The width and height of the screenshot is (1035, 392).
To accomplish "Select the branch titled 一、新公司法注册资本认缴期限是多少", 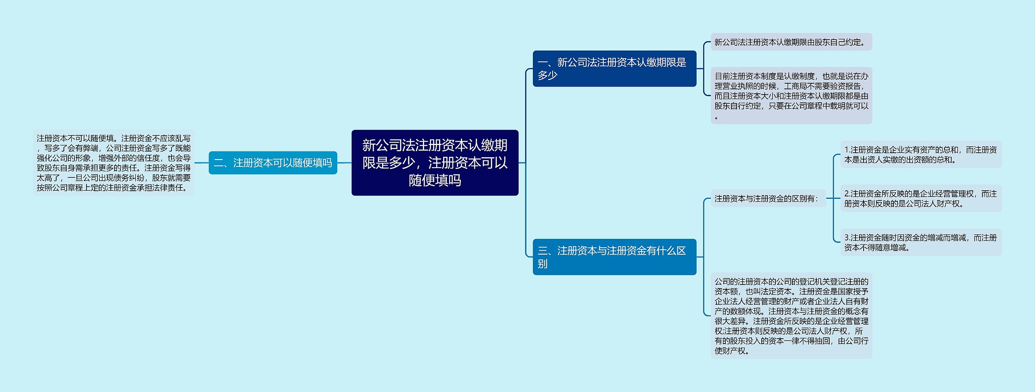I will tap(614, 69).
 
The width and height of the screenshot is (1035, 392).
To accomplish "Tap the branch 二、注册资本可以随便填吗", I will tap(272, 163).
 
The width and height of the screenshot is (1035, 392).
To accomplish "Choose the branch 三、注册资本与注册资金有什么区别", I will tap(614, 257).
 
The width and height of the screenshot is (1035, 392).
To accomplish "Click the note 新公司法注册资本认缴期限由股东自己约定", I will tap(791, 42).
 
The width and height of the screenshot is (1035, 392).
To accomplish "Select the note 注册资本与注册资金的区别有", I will tap(767, 198).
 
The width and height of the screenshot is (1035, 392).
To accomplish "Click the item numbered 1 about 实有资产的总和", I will tap(921, 154).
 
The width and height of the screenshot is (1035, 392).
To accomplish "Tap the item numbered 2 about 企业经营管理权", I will tap(921, 198).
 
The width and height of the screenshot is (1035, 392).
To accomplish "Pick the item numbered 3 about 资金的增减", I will tap(921, 242).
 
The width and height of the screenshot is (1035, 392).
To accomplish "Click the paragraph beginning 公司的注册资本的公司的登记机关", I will tap(791, 316).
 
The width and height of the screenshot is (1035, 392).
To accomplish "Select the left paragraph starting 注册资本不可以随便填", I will tap(114, 163).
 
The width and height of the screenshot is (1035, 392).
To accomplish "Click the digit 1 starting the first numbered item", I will tap(847, 150).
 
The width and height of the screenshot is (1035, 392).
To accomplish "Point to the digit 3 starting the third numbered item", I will tap(847, 238).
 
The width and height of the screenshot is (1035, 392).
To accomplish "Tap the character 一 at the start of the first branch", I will tap(543, 63).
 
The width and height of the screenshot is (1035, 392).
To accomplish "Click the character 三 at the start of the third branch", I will tap(543, 251).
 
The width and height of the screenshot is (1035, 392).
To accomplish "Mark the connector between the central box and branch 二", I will tap(344, 163).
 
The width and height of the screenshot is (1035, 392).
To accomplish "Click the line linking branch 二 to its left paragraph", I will tap(201, 163).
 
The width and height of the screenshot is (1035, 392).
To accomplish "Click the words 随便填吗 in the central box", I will tap(435, 180).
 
